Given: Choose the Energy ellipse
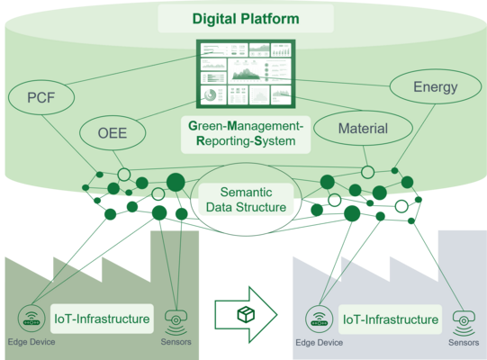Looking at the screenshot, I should click(x=435, y=87).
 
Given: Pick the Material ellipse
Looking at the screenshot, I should click(x=363, y=129).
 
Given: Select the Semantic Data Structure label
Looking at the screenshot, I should click(x=246, y=199).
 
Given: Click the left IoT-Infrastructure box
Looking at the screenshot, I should click(x=102, y=318).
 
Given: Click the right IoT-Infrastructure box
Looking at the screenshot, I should click(x=391, y=319).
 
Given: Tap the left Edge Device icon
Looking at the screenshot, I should click(x=32, y=319).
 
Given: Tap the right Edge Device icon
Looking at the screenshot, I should click(x=319, y=319).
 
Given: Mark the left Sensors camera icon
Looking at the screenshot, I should click(x=175, y=319).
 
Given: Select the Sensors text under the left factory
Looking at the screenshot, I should click(x=175, y=341).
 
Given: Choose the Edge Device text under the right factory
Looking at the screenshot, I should click(x=319, y=342).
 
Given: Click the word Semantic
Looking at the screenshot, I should click(x=246, y=192).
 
